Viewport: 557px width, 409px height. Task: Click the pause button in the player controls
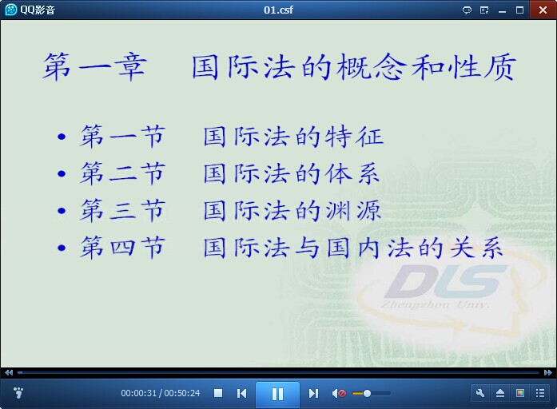tap(277, 394)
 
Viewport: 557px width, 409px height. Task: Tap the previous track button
tap(241, 393)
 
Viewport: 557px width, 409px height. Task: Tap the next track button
tap(313, 393)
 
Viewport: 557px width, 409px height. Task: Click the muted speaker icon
tap(339, 393)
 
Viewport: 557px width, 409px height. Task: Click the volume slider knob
tap(368, 393)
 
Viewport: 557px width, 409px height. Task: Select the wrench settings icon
tap(480, 393)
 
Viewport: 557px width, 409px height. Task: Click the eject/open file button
tap(499, 393)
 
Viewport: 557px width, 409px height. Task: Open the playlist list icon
tap(540, 393)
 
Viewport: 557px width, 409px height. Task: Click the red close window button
tap(543, 10)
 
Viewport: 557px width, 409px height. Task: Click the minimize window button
tap(502, 10)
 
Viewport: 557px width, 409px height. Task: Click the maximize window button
tap(519, 10)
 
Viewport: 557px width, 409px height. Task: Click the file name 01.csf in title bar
tap(278, 10)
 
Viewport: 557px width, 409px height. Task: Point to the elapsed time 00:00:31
tap(138, 393)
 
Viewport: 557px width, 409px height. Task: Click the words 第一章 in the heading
tap(94, 66)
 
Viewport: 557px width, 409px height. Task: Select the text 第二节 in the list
tap(122, 173)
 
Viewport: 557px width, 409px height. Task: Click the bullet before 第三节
tap(62, 211)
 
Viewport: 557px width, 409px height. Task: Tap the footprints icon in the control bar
tap(18, 393)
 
